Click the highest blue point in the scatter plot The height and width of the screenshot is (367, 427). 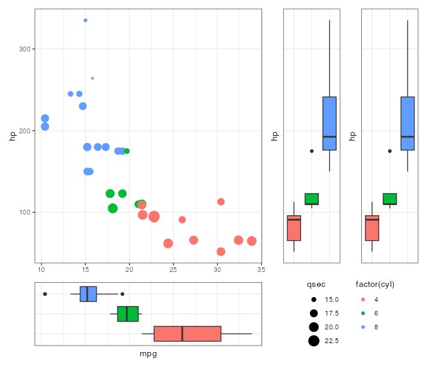[x=85, y=20]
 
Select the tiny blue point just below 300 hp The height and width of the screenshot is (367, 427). [x=92, y=78]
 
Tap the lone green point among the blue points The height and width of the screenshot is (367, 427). [x=127, y=151]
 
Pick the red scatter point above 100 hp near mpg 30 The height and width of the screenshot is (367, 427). [x=221, y=202]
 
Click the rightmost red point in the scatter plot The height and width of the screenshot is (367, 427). [x=251, y=241]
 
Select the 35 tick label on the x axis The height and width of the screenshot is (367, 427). [x=260, y=270]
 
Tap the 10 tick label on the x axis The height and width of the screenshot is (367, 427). [x=41, y=270]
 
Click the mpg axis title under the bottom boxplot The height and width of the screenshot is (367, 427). [x=148, y=354]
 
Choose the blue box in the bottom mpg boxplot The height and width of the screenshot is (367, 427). [x=88, y=294]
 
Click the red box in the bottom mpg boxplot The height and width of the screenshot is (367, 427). [x=188, y=334]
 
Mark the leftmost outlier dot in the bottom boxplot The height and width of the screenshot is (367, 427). [x=45, y=294]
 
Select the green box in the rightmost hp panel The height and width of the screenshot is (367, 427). [x=390, y=199]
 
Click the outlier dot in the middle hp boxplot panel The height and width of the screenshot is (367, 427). [x=311, y=151]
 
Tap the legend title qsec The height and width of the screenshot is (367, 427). [x=316, y=284]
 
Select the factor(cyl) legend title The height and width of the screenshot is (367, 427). [x=375, y=284]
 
